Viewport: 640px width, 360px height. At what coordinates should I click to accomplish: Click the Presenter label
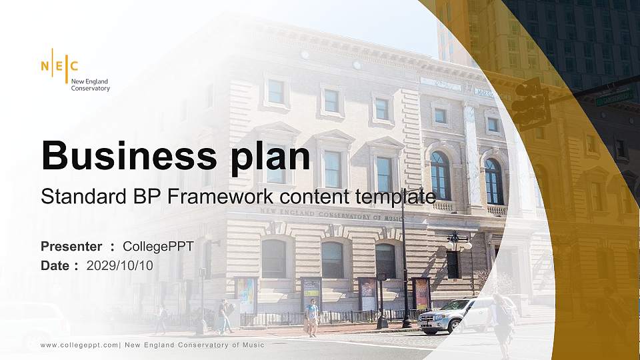[71, 247]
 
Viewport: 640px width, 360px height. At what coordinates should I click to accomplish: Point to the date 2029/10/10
[119, 265]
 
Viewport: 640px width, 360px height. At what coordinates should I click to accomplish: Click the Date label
[55, 265]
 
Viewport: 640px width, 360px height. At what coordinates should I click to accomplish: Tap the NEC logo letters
[60, 66]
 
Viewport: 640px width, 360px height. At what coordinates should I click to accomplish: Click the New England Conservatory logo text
[90, 85]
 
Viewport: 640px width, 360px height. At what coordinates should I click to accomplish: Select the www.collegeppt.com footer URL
[79, 345]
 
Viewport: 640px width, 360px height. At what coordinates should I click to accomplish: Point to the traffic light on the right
[531, 103]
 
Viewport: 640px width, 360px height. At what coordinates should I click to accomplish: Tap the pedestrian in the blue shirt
[311, 316]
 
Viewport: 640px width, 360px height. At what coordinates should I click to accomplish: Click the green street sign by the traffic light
[614, 99]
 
